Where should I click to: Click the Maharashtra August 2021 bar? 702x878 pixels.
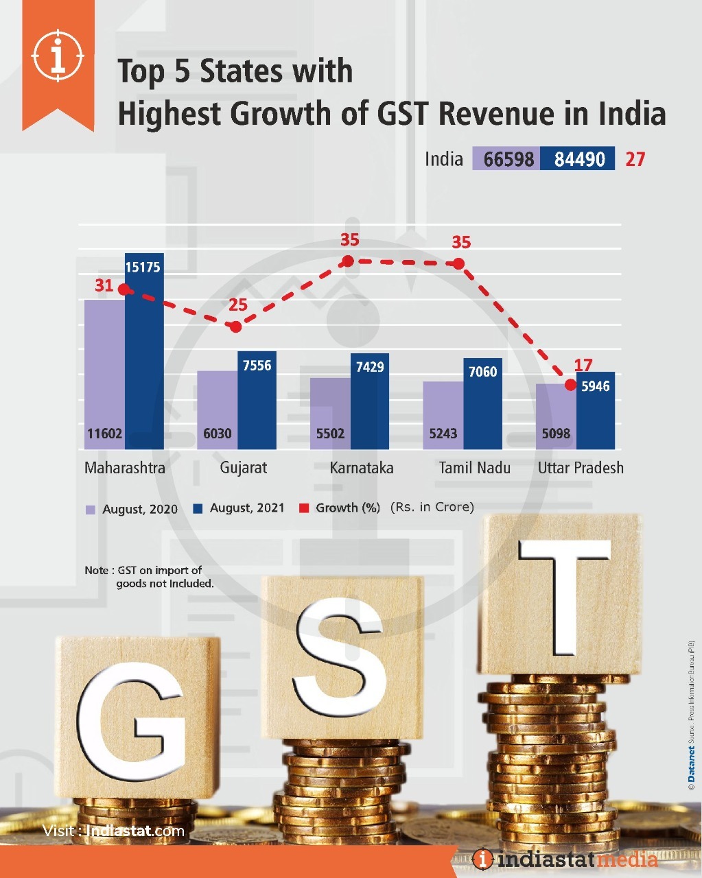144,357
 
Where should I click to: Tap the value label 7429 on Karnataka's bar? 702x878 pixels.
370,367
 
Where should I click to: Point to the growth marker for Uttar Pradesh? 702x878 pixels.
570,385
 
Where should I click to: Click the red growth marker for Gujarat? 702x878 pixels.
236,327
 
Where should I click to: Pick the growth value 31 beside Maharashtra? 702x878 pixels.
104,285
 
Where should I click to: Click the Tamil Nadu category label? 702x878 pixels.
475,468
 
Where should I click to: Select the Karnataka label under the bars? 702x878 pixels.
362,468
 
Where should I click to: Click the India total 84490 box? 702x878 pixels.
578,159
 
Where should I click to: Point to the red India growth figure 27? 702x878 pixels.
635,159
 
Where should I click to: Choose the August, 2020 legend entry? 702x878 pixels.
132,509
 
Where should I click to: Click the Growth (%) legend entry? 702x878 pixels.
340,508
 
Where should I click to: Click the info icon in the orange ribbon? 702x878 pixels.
58,55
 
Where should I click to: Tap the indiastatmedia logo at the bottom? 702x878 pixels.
565,859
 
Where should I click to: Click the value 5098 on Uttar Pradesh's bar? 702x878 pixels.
556,434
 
